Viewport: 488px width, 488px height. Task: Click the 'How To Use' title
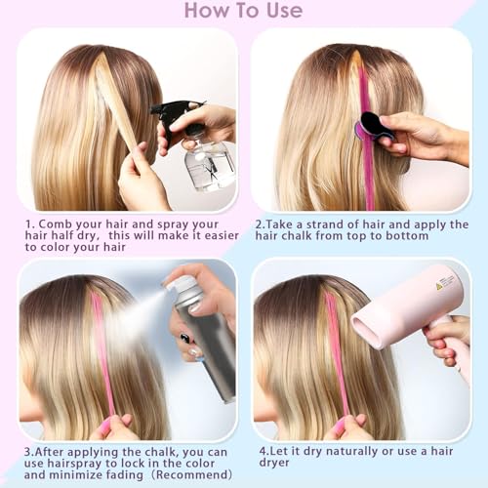coord(243,12)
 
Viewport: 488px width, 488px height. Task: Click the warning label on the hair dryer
coord(445,282)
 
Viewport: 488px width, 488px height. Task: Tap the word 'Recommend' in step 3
coord(189,466)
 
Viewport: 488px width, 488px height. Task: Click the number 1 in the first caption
coord(29,223)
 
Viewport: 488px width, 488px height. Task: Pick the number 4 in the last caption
coord(264,452)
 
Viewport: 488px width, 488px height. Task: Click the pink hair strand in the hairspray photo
coord(101,351)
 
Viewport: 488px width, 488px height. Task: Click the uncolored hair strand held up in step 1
coord(117,107)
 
